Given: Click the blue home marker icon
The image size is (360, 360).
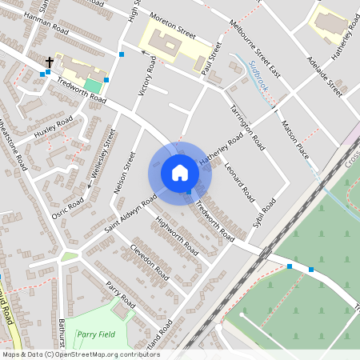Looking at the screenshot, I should pos(179,173).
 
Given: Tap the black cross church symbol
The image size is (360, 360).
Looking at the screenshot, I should pos(50,62).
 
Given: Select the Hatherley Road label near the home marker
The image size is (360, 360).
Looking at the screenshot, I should pos(221,151).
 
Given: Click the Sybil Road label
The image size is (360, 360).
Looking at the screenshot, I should pos(263,214).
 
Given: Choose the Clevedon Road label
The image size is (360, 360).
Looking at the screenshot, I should pos(149,260).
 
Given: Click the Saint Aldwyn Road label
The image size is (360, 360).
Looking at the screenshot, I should pos(130,214).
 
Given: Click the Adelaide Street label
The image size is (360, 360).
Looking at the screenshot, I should pos(323,77).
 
